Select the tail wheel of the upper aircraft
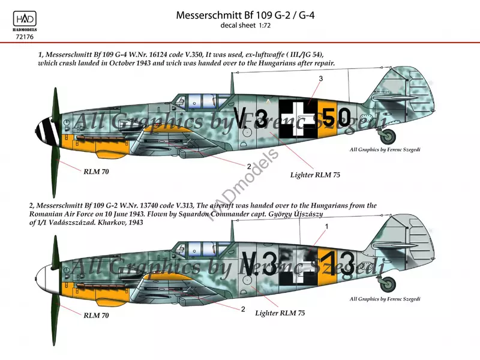point(388,137)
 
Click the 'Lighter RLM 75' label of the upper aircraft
point(314,175)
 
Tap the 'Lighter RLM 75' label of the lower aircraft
point(280,313)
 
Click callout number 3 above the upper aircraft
point(320,79)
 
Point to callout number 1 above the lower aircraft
point(326,226)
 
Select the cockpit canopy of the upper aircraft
point(199,101)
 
